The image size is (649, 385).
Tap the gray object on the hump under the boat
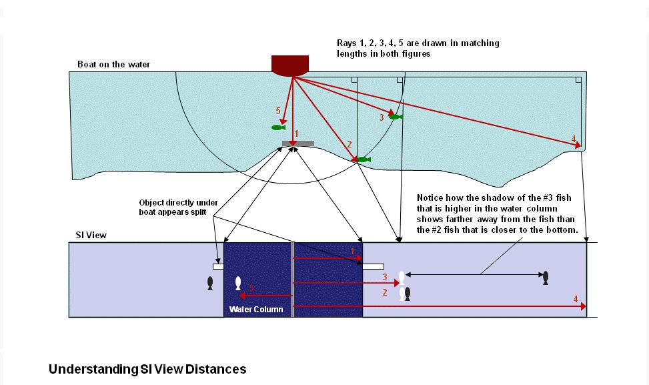[298, 143]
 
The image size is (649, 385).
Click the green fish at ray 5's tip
[278, 127]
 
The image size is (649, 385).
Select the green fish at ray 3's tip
[396, 117]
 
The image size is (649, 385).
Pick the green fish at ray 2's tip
[364, 159]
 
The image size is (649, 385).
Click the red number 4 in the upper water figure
[574, 139]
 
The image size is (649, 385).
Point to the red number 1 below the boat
[296, 133]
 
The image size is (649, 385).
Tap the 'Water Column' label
[256, 309]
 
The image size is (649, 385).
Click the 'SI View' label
[91, 235]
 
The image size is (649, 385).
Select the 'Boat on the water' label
[114, 64]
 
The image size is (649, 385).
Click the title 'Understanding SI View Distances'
[147, 369]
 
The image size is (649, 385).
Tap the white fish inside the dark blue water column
[238, 284]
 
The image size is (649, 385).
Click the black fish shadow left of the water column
[210, 283]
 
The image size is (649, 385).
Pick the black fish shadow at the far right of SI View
[546, 278]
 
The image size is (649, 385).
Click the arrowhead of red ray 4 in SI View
[584, 306]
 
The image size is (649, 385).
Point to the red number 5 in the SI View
[251, 288]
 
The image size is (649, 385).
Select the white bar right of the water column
[374, 267]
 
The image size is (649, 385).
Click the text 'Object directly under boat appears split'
[178, 208]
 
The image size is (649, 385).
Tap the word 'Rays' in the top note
[347, 43]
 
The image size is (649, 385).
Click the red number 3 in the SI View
[384, 277]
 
